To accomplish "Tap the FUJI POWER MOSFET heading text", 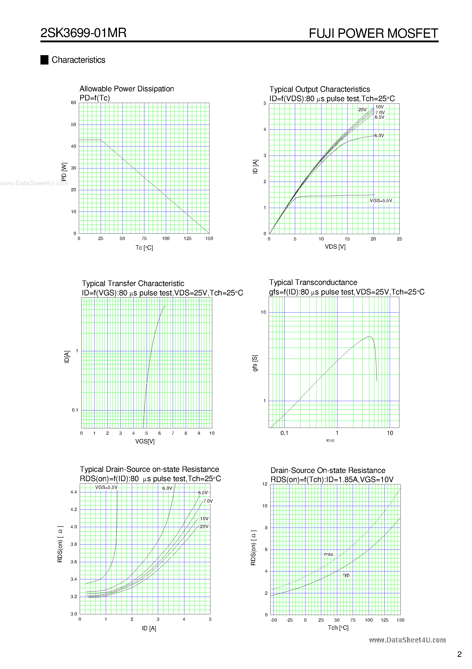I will tap(373, 33).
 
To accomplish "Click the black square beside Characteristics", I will tap(44, 60).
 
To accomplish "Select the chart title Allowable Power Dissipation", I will tap(127, 89).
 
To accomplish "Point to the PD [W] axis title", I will tap(64, 172).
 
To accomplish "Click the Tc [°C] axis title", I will tap(144, 248).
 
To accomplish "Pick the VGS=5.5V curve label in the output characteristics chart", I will tap(381, 201).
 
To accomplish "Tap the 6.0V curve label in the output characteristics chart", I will tap(379, 135).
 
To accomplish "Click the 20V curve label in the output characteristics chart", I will tap(362, 110).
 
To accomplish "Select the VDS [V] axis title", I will tap(335, 247).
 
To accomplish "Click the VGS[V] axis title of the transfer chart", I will tap(145, 441).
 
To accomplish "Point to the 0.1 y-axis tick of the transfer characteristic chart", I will tap(75, 410).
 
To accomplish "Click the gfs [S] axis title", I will tap(255, 363).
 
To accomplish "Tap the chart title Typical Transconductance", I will tap(313, 282).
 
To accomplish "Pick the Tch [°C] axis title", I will tap(338, 628).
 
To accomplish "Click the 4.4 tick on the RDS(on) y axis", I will tap(74, 492).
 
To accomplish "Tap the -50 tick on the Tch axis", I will tap(273, 620).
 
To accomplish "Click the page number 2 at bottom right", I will tap(459, 654).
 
